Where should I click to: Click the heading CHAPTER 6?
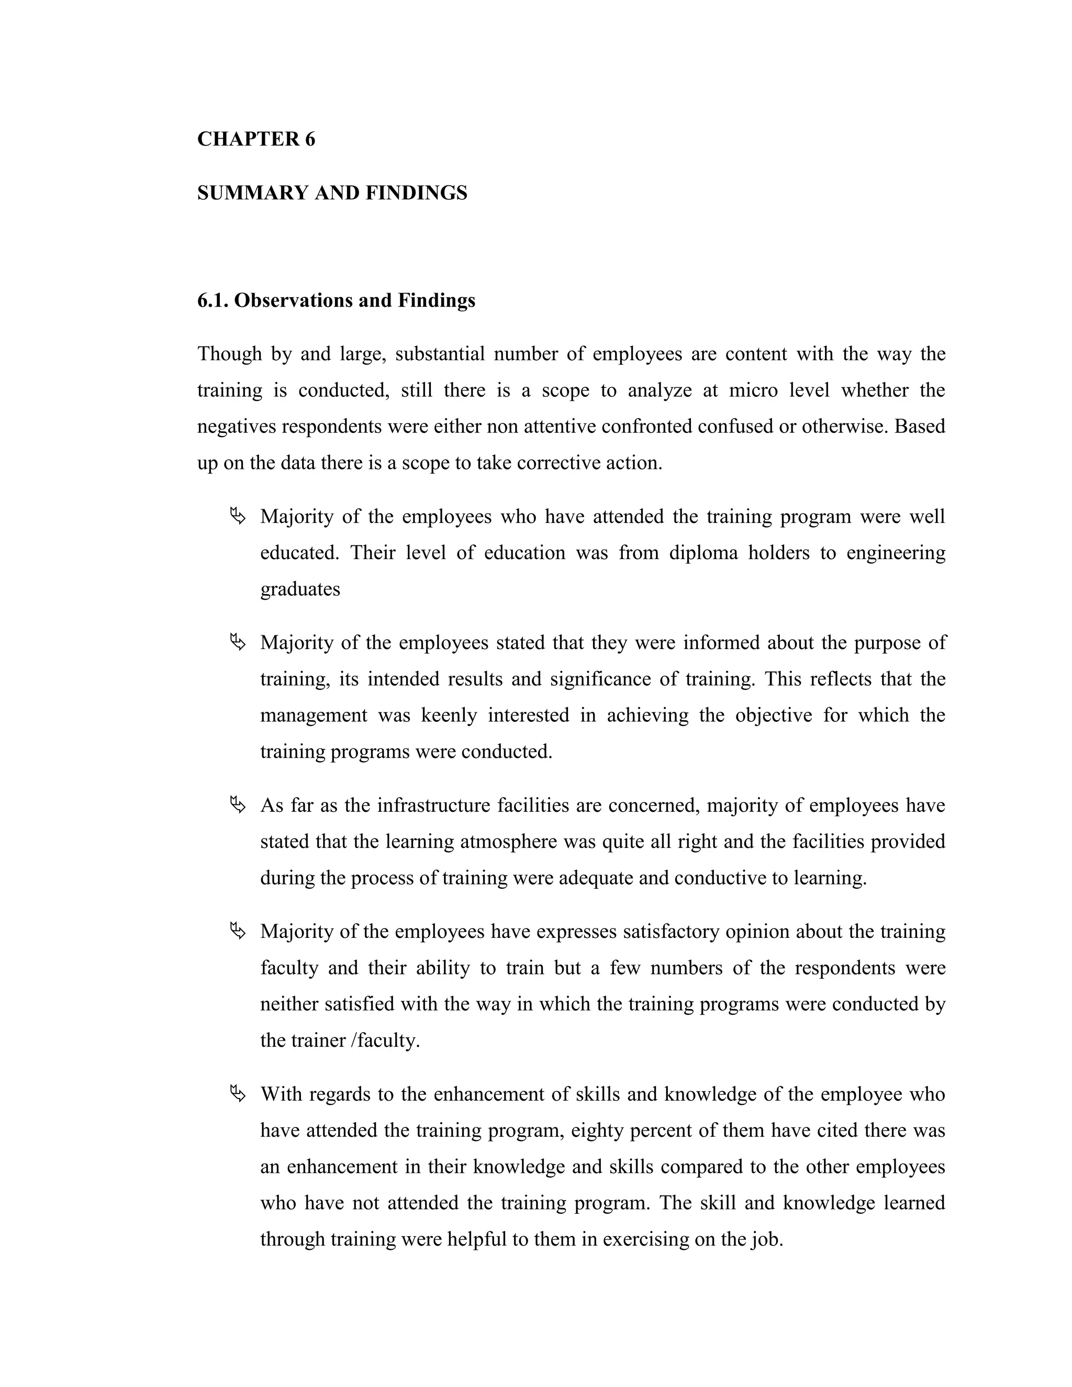[256, 139]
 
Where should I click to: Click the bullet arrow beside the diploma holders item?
[238, 516]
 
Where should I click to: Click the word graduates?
[300, 589]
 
